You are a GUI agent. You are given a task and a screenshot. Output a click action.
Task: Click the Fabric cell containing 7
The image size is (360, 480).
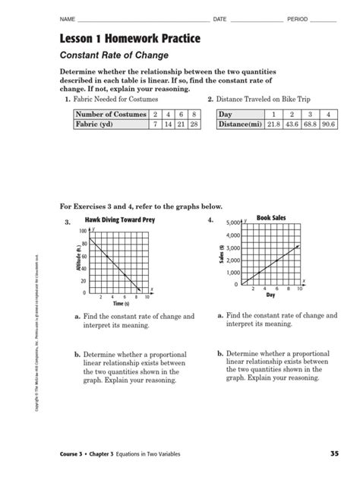[x=155, y=124]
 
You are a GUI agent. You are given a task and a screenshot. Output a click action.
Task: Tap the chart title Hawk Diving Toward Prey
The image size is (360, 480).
[x=115, y=221]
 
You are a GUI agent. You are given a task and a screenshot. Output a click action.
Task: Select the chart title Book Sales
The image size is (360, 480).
[x=273, y=218]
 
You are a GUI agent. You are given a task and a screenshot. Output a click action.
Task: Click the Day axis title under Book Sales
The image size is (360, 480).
[x=271, y=296]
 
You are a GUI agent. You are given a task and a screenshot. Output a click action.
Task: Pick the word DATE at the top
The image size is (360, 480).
[x=219, y=17]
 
